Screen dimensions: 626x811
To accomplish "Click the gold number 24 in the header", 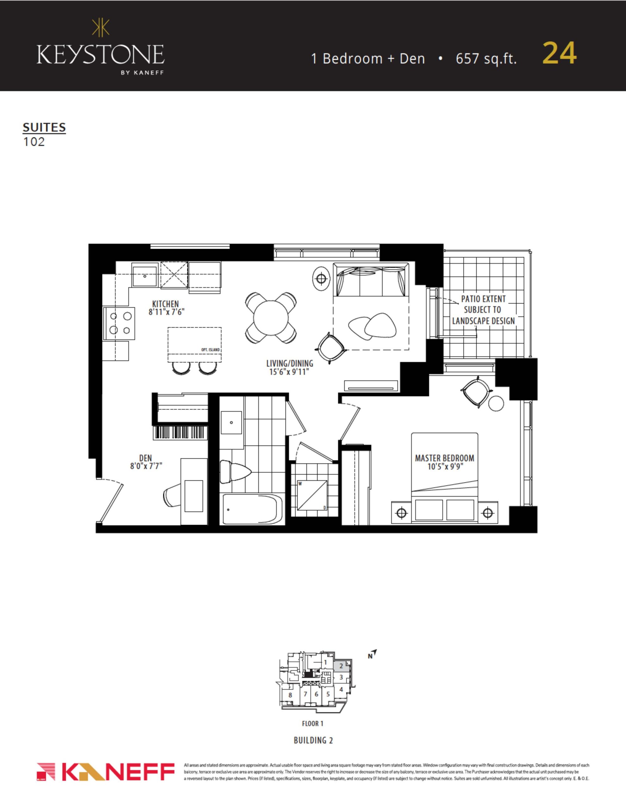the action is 559,53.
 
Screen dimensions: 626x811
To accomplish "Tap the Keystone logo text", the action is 100,54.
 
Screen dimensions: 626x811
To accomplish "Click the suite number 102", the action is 34,142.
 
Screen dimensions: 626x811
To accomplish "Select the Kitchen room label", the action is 166,304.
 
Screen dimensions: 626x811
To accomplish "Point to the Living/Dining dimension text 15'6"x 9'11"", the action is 290,372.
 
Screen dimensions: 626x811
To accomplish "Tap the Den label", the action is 146,458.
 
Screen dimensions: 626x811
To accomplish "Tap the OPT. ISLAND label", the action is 210,350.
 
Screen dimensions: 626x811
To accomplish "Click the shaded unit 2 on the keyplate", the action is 341,666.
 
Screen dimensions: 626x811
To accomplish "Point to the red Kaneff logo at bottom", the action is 106,772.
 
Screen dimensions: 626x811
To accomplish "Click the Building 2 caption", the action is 313,740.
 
